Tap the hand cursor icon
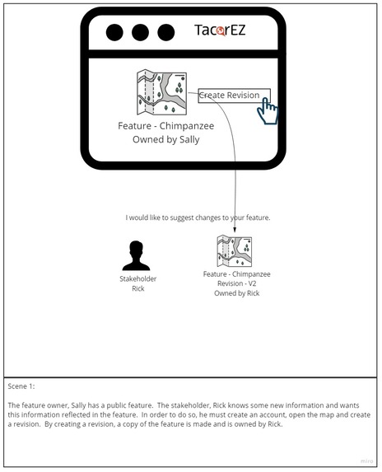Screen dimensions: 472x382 pyautogui.click(x=268, y=110)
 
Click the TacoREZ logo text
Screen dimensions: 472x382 pyautogui.click(x=220, y=31)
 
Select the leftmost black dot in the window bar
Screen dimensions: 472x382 pyautogui.click(x=115, y=32)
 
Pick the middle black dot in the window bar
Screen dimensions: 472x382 pyautogui.click(x=140, y=32)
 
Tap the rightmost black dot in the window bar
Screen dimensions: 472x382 pyautogui.click(x=165, y=32)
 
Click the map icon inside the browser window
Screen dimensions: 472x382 pyautogui.click(x=161, y=92)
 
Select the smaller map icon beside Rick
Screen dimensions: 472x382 pyautogui.click(x=234, y=251)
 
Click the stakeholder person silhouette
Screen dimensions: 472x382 pyautogui.click(x=137, y=255)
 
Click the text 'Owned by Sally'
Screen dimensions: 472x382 pyautogui.click(x=166, y=140)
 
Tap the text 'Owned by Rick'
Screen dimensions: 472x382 pyautogui.click(x=236, y=293)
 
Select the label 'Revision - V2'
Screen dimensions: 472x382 pyautogui.click(x=236, y=283)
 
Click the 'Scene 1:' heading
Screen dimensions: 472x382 pyautogui.click(x=21, y=386)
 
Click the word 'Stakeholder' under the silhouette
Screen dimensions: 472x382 pyautogui.click(x=137, y=279)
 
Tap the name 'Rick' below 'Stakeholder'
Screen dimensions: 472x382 pyautogui.click(x=137, y=289)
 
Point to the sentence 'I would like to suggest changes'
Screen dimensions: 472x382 pyautogui.click(x=198, y=217)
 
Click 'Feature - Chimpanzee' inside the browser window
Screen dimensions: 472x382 pyautogui.click(x=166, y=128)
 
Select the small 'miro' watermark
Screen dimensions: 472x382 pyautogui.click(x=366, y=461)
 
